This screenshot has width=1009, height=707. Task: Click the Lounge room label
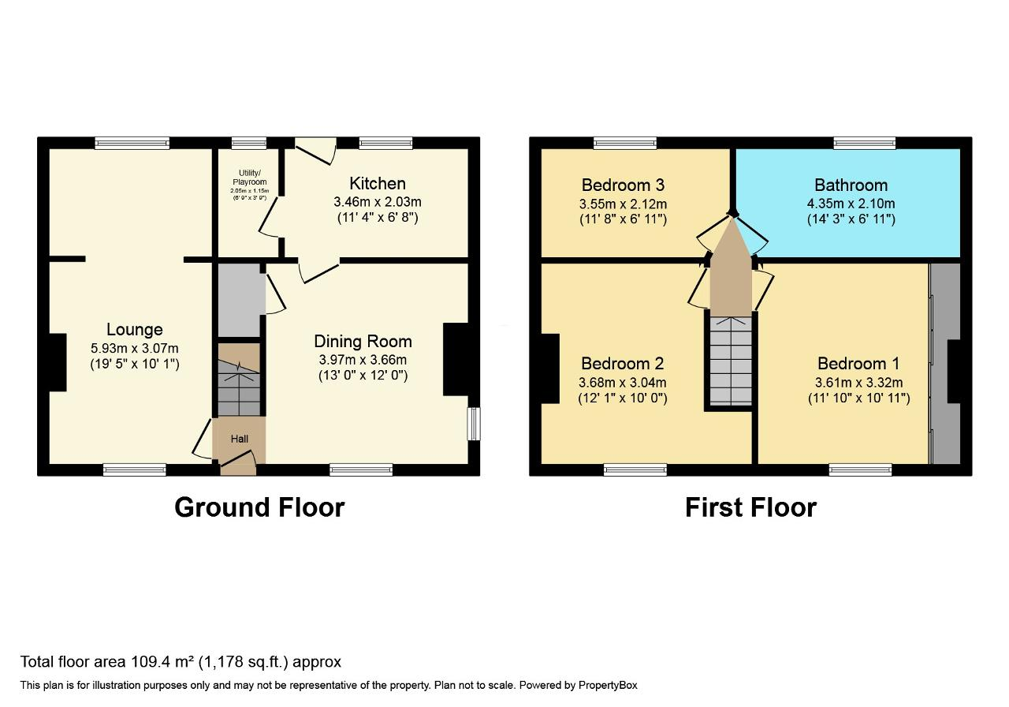click(135, 330)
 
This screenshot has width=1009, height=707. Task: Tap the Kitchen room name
click(378, 184)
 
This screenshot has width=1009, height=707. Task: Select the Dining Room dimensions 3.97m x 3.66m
click(363, 359)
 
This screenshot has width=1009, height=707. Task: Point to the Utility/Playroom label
click(250, 178)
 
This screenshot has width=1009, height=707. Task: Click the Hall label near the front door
click(240, 439)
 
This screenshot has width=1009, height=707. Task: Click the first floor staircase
click(731, 361)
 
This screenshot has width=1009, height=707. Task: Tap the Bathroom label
click(851, 185)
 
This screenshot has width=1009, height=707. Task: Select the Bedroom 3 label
click(623, 185)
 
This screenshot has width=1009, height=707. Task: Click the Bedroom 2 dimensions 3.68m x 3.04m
click(623, 383)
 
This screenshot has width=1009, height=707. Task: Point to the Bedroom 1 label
click(858, 364)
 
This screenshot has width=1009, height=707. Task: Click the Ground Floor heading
click(259, 507)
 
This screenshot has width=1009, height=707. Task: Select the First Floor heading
click(750, 507)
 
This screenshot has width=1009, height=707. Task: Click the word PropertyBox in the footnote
click(600, 686)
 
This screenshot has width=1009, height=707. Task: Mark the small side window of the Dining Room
click(473, 424)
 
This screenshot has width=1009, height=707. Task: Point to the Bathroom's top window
click(865, 143)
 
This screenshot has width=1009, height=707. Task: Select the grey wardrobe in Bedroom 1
click(945, 363)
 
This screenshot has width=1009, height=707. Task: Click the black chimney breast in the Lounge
click(58, 362)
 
